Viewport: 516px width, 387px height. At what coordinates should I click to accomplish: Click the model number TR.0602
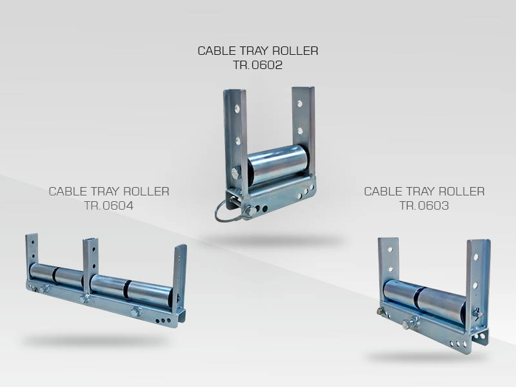pyautogui.click(x=257, y=64)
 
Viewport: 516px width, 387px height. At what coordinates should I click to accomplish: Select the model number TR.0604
pyautogui.click(x=108, y=206)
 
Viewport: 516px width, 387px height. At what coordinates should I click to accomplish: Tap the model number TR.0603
pyautogui.click(x=424, y=206)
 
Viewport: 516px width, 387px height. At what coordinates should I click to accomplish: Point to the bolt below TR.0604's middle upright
pyautogui.click(x=84, y=299)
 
